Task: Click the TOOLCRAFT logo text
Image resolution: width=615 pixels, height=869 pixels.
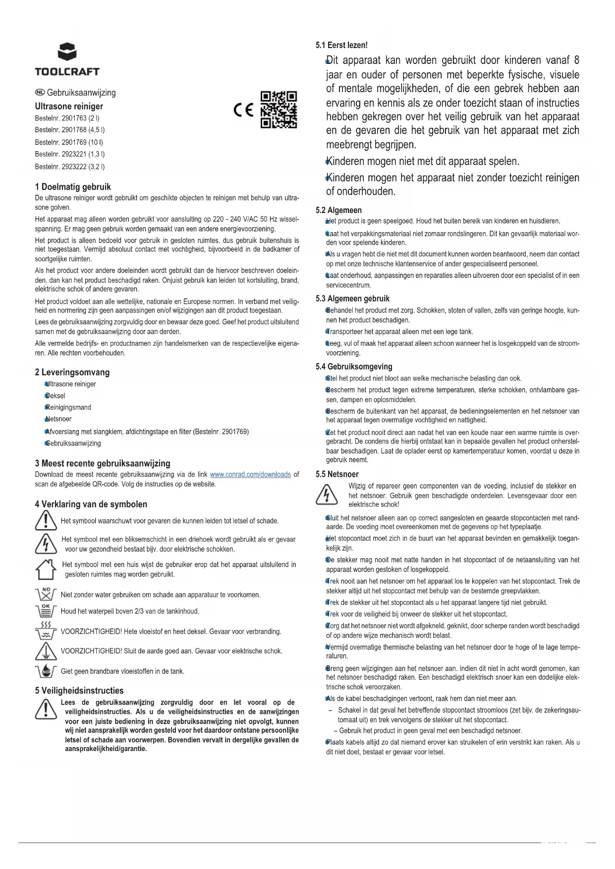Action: [67, 71]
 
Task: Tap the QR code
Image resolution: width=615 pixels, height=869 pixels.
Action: [279, 109]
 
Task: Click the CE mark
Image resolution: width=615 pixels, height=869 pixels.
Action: [243, 109]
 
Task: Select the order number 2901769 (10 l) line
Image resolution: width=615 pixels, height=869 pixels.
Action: [69, 142]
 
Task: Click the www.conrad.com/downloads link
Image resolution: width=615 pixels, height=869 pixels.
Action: [250, 475]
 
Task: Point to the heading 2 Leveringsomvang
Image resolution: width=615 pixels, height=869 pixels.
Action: [72, 372]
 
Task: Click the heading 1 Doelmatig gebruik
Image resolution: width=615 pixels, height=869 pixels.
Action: [73, 187]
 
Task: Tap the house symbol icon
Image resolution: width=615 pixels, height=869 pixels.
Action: [45, 569]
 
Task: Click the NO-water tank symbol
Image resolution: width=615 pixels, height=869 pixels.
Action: [46, 594]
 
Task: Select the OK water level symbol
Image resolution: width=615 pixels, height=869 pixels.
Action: [46, 610]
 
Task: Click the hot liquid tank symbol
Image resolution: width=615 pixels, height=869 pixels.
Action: [46, 631]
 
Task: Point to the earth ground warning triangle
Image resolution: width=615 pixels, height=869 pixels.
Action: [46, 651]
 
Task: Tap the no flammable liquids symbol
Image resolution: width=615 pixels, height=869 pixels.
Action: [46, 671]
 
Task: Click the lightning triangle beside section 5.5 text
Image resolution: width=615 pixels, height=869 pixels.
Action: [327, 494]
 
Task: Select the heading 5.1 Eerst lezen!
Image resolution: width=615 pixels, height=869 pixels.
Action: [341, 45]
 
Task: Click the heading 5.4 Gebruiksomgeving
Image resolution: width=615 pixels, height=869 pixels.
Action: [354, 367]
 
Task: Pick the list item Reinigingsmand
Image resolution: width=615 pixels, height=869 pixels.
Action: [68, 407]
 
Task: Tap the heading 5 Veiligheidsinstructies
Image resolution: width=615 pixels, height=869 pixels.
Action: [79, 690]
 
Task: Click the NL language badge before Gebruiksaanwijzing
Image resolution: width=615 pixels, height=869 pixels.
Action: [40, 92]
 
